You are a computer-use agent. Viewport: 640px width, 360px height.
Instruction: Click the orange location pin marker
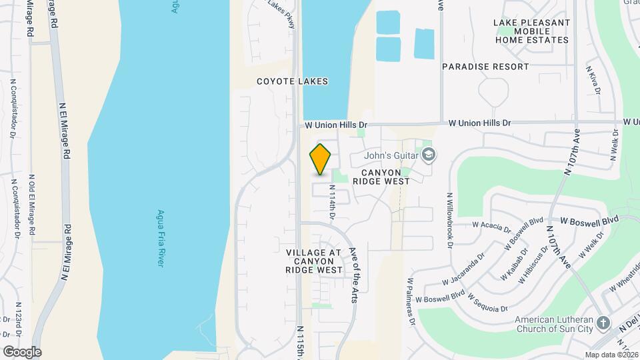(x=321, y=159)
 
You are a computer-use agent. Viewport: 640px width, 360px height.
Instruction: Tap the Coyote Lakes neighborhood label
(x=293, y=81)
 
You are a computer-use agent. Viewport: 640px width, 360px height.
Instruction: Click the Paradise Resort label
(x=485, y=67)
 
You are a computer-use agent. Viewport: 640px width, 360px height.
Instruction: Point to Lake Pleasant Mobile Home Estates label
(x=532, y=31)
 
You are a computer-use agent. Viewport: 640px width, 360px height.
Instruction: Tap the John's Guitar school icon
(x=429, y=155)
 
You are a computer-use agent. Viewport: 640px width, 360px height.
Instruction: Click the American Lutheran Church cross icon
(x=603, y=323)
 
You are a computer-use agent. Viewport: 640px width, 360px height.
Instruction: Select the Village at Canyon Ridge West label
(x=314, y=261)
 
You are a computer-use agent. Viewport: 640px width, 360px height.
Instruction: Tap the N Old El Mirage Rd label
(x=31, y=205)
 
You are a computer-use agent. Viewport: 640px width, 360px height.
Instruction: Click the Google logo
(x=22, y=351)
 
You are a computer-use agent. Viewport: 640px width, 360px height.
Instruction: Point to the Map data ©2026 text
(x=611, y=355)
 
